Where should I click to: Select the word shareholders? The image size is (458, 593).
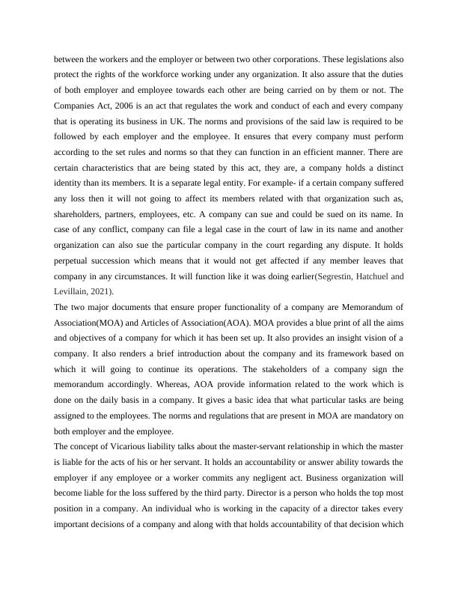pos(79,207)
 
